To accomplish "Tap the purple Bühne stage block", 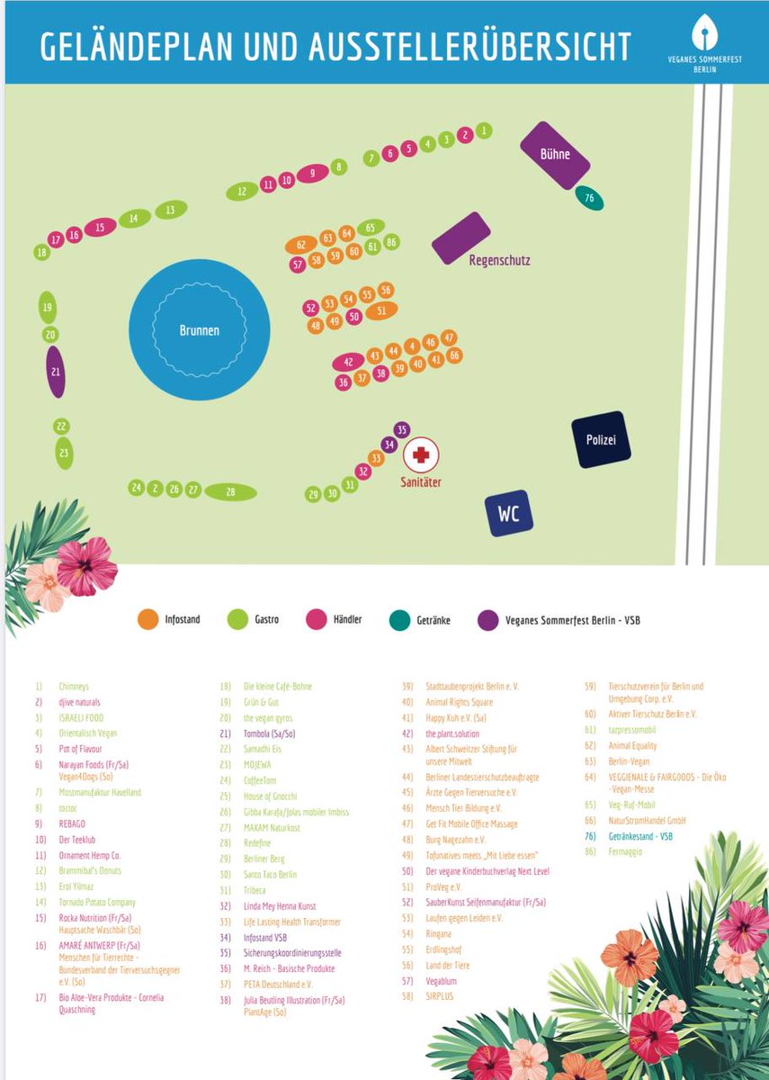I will click(x=556, y=155).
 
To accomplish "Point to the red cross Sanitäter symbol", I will click(x=420, y=455).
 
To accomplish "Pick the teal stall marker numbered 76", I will click(x=589, y=198).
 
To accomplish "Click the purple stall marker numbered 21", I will click(x=56, y=371).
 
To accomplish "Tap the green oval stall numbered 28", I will click(x=230, y=491).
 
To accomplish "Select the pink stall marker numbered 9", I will click(x=312, y=174).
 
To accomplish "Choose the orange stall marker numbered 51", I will click(x=381, y=310).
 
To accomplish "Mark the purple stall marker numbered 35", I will click(x=401, y=430).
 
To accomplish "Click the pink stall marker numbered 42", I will click(x=349, y=362).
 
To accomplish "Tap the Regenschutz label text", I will click(x=499, y=261).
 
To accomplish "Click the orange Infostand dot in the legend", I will click(x=147, y=619).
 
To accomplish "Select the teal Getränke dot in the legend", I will click(x=399, y=619).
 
